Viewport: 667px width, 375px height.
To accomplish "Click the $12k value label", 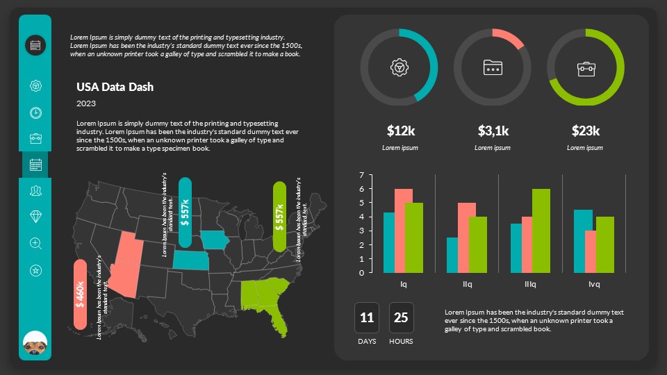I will tap(401, 131).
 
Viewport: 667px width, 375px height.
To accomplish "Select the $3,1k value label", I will tap(493, 131).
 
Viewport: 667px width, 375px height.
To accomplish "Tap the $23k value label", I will tap(585, 131).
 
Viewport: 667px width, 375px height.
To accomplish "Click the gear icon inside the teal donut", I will tap(399, 67).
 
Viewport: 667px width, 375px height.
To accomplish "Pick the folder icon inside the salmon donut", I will tap(493, 67).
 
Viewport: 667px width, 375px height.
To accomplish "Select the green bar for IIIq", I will tap(541, 231).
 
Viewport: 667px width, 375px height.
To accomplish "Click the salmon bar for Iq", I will tap(404, 231).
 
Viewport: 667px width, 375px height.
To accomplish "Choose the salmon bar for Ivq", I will tap(591, 251).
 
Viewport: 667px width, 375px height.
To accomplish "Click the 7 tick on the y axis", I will tap(361, 175).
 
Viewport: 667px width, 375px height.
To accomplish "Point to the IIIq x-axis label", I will tap(531, 284).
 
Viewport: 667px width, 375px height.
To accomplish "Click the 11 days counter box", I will tap(367, 318).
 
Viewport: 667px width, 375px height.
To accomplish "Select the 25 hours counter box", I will tap(401, 318).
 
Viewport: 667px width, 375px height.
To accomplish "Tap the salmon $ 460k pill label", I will tap(80, 294).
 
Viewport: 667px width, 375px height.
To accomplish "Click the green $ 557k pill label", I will tap(279, 217).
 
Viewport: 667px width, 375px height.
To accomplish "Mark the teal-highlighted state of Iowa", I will tap(215, 240).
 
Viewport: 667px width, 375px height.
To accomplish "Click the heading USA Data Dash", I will tap(115, 87).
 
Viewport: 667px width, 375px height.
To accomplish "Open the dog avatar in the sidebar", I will tap(35, 342).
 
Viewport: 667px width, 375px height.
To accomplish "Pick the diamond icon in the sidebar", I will tap(35, 216).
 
